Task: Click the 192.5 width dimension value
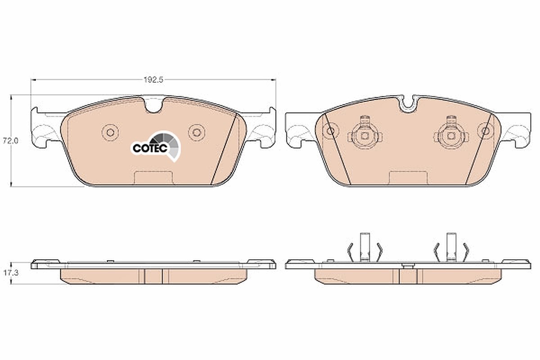point(153,80)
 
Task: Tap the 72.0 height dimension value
point(10,140)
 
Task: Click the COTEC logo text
point(150,148)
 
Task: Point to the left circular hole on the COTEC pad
point(110,132)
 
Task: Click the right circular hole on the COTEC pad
point(197,132)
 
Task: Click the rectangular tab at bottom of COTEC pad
point(153,178)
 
